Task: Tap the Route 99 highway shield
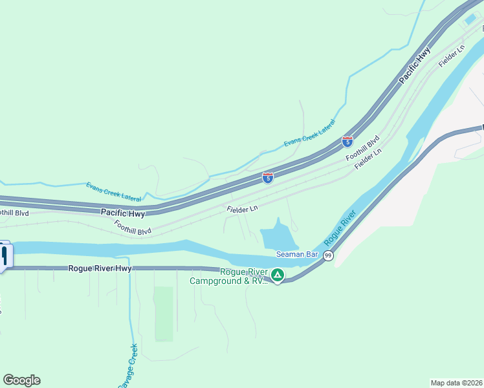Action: click(328, 257)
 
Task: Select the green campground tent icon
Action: click(277, 275)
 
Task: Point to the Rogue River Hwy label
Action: click(100, 268)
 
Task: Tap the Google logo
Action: click(21, 380)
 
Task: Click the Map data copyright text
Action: click(457, 383)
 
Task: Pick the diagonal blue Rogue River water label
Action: click(340, 228)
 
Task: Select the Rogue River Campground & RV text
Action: click(228, 276)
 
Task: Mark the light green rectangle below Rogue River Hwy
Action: click(164, 314)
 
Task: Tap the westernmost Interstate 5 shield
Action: click(267, 177)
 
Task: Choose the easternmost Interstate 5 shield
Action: click(347, 141)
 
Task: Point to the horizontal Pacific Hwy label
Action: click(122, 212)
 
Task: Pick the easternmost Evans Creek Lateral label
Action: click(310, 133)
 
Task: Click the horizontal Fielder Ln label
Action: click(243, 209)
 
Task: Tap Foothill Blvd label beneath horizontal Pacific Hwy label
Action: click(133, 227)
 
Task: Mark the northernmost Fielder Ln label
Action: click(452, 57)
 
